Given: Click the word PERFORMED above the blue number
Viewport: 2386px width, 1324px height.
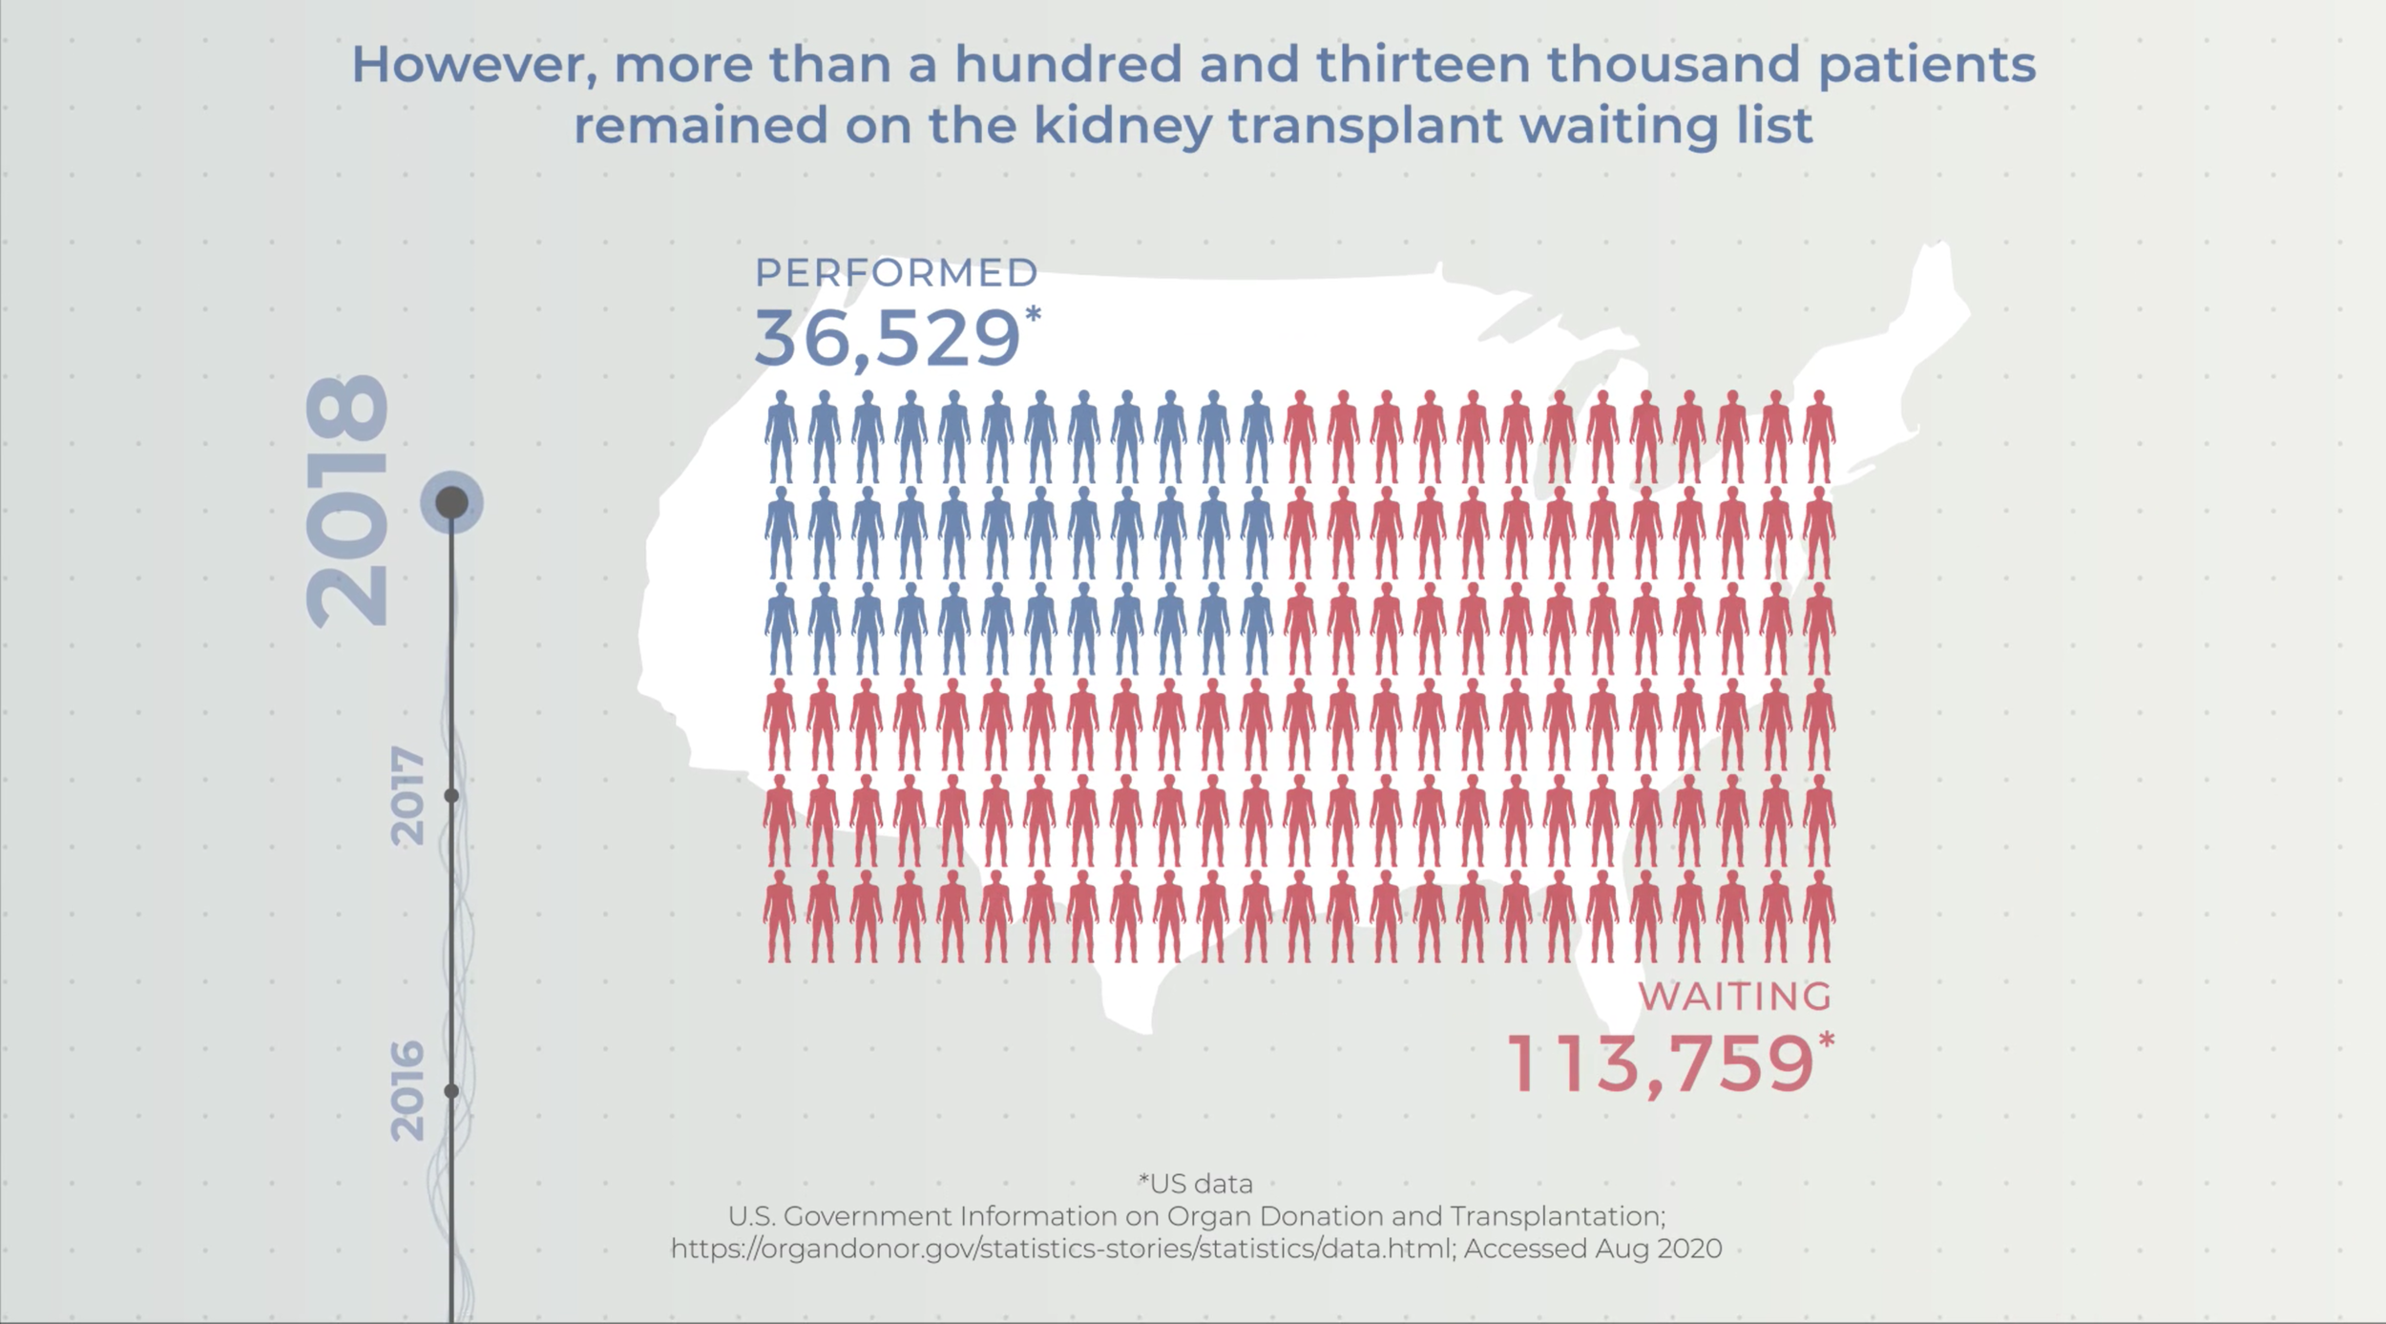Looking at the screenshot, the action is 896,273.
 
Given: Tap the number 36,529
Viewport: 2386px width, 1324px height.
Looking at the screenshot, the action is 888,338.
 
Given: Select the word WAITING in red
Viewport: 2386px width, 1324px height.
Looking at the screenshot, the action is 1735,997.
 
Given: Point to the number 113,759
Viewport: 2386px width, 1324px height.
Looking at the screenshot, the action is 1660,1064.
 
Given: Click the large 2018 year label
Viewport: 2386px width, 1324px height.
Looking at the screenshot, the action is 347,500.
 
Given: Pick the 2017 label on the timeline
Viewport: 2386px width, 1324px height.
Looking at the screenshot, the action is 408,796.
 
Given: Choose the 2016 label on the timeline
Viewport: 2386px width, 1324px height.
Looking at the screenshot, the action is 408,1090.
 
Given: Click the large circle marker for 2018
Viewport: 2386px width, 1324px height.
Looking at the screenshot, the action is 452,502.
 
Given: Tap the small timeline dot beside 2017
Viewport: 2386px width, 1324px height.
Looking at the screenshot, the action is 452,795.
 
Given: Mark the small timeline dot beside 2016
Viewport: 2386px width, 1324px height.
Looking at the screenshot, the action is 452,1090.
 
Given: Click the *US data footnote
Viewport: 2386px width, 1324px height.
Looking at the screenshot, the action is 1195,1184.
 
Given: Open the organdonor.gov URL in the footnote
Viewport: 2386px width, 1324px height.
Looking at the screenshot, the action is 1061,1249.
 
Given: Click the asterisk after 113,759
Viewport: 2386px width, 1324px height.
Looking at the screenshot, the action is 1826,1040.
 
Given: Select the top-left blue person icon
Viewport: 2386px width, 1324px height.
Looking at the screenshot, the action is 781,436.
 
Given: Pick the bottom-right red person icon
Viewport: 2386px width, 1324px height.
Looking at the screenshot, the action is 1819,915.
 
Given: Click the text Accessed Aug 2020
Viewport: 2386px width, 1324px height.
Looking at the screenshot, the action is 1593,1249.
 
